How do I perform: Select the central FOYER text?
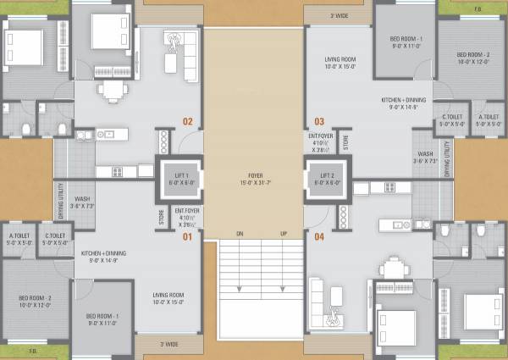coord(254,173)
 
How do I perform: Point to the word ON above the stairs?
coord(240,233)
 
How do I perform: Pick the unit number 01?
coord(187,236)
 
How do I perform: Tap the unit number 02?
coord(187,121)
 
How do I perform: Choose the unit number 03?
coord(319,121)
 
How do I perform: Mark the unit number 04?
coord(319,236)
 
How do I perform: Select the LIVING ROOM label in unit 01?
coord(169,296)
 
